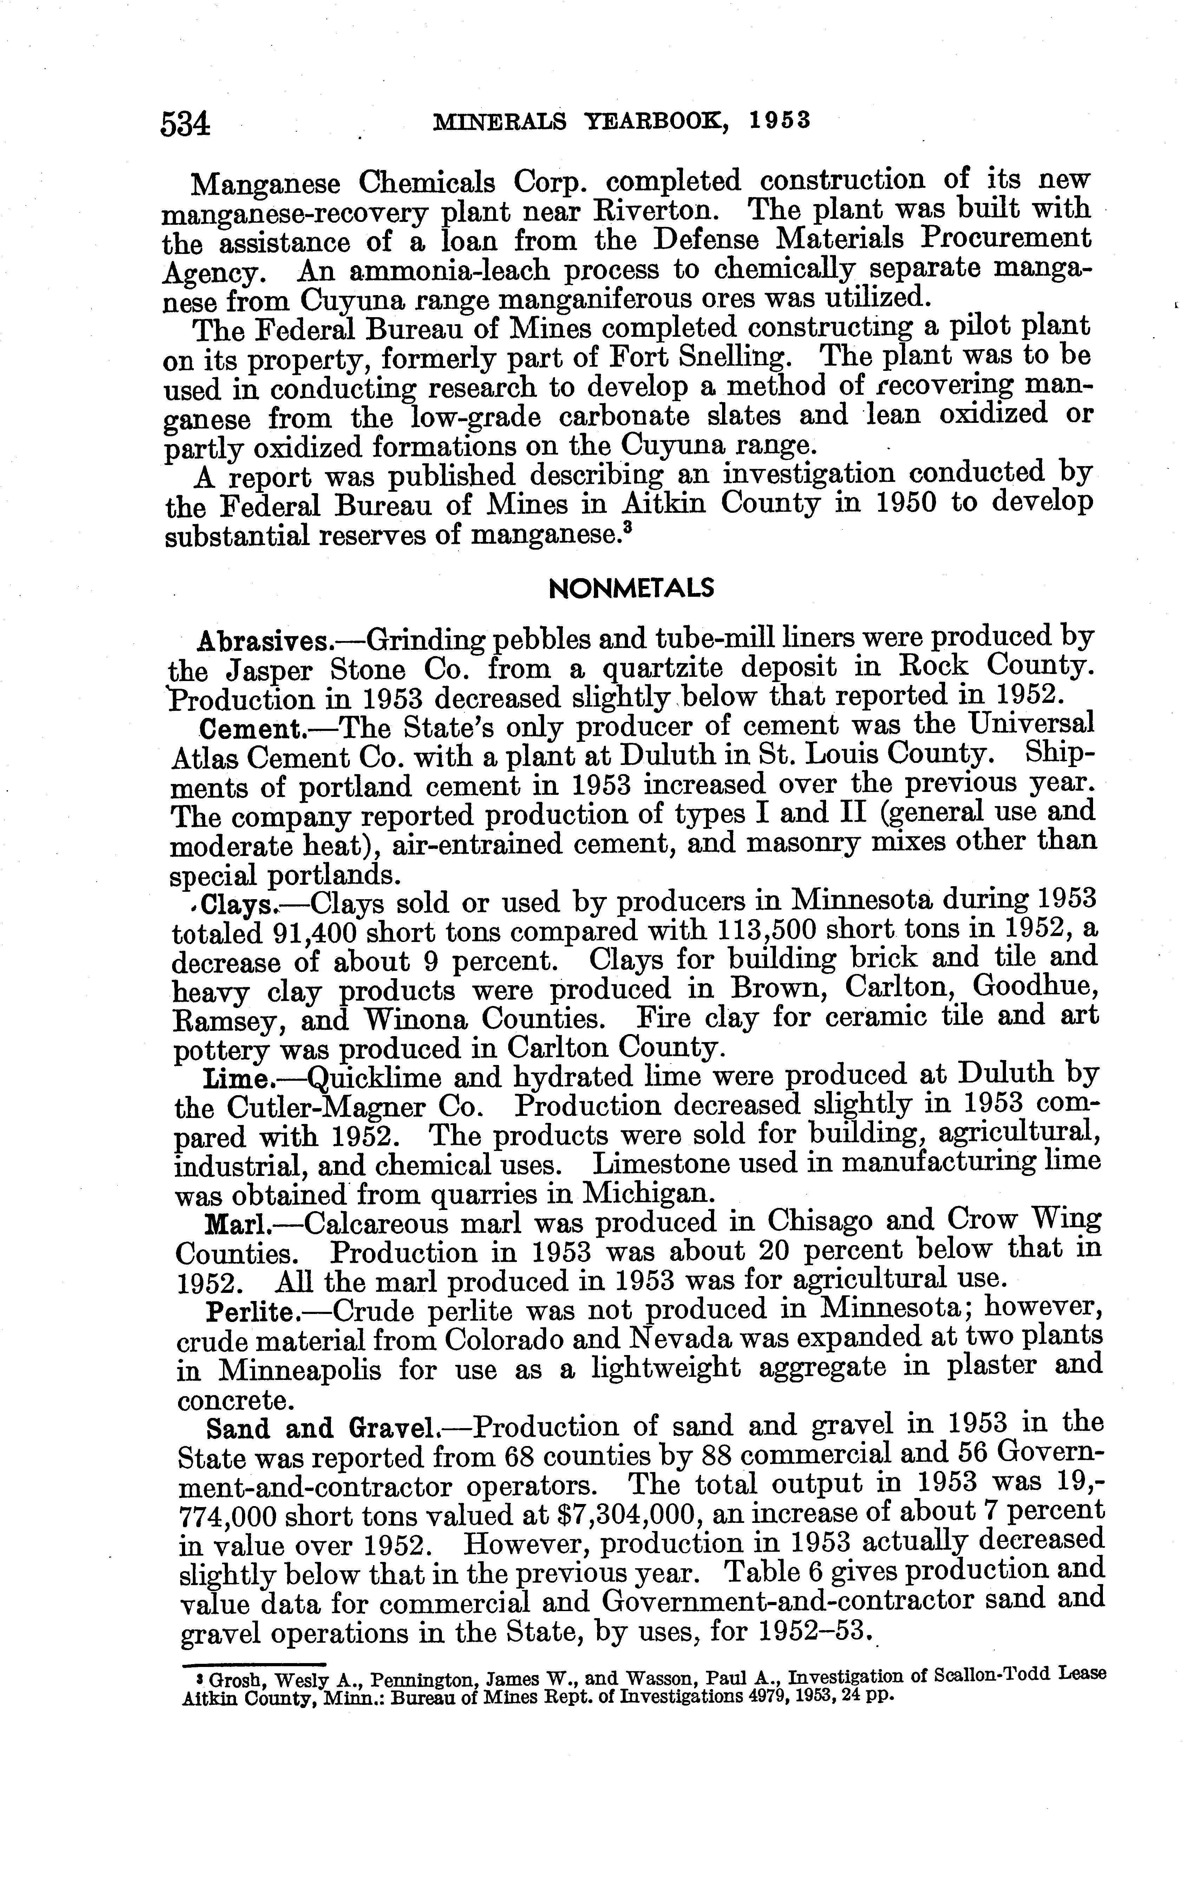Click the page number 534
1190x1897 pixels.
(186, 124)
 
